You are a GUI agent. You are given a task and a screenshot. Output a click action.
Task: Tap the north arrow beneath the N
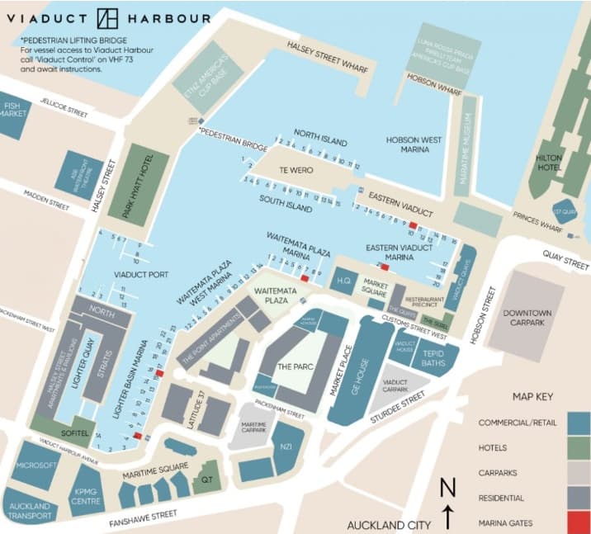[447, 517]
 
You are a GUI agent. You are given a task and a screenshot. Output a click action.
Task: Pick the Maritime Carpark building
[253, 427]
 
